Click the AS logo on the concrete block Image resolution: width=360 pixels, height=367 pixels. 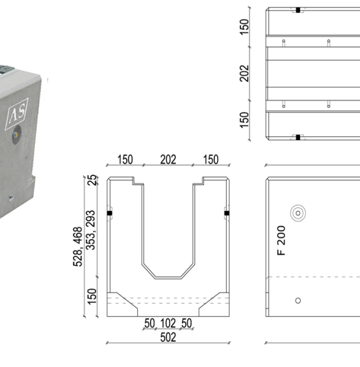[17, 114]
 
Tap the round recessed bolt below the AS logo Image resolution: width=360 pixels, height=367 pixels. [16, 134]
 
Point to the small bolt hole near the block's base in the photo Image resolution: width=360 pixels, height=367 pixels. [10, 197]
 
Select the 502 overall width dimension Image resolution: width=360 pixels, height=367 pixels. [168, 337]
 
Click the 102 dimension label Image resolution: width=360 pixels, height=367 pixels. [168, 323]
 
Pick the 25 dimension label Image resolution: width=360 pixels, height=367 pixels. [92, 180]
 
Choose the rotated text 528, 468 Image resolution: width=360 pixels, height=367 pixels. [78, 246]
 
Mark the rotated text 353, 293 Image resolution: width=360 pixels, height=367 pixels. [90, 230]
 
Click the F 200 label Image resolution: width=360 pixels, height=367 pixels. [281, 240]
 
